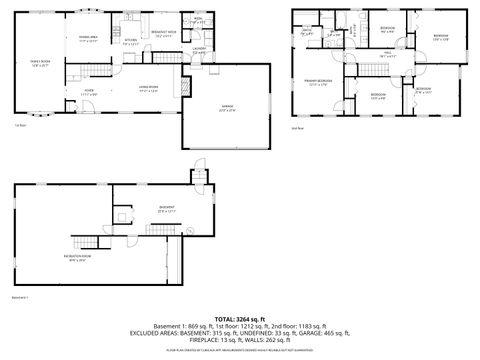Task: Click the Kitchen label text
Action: point(129,42)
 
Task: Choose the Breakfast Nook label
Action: point(163,34)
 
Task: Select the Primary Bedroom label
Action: point(317,82)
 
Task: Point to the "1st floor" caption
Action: point(19,126)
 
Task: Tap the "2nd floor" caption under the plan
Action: point(296,127)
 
